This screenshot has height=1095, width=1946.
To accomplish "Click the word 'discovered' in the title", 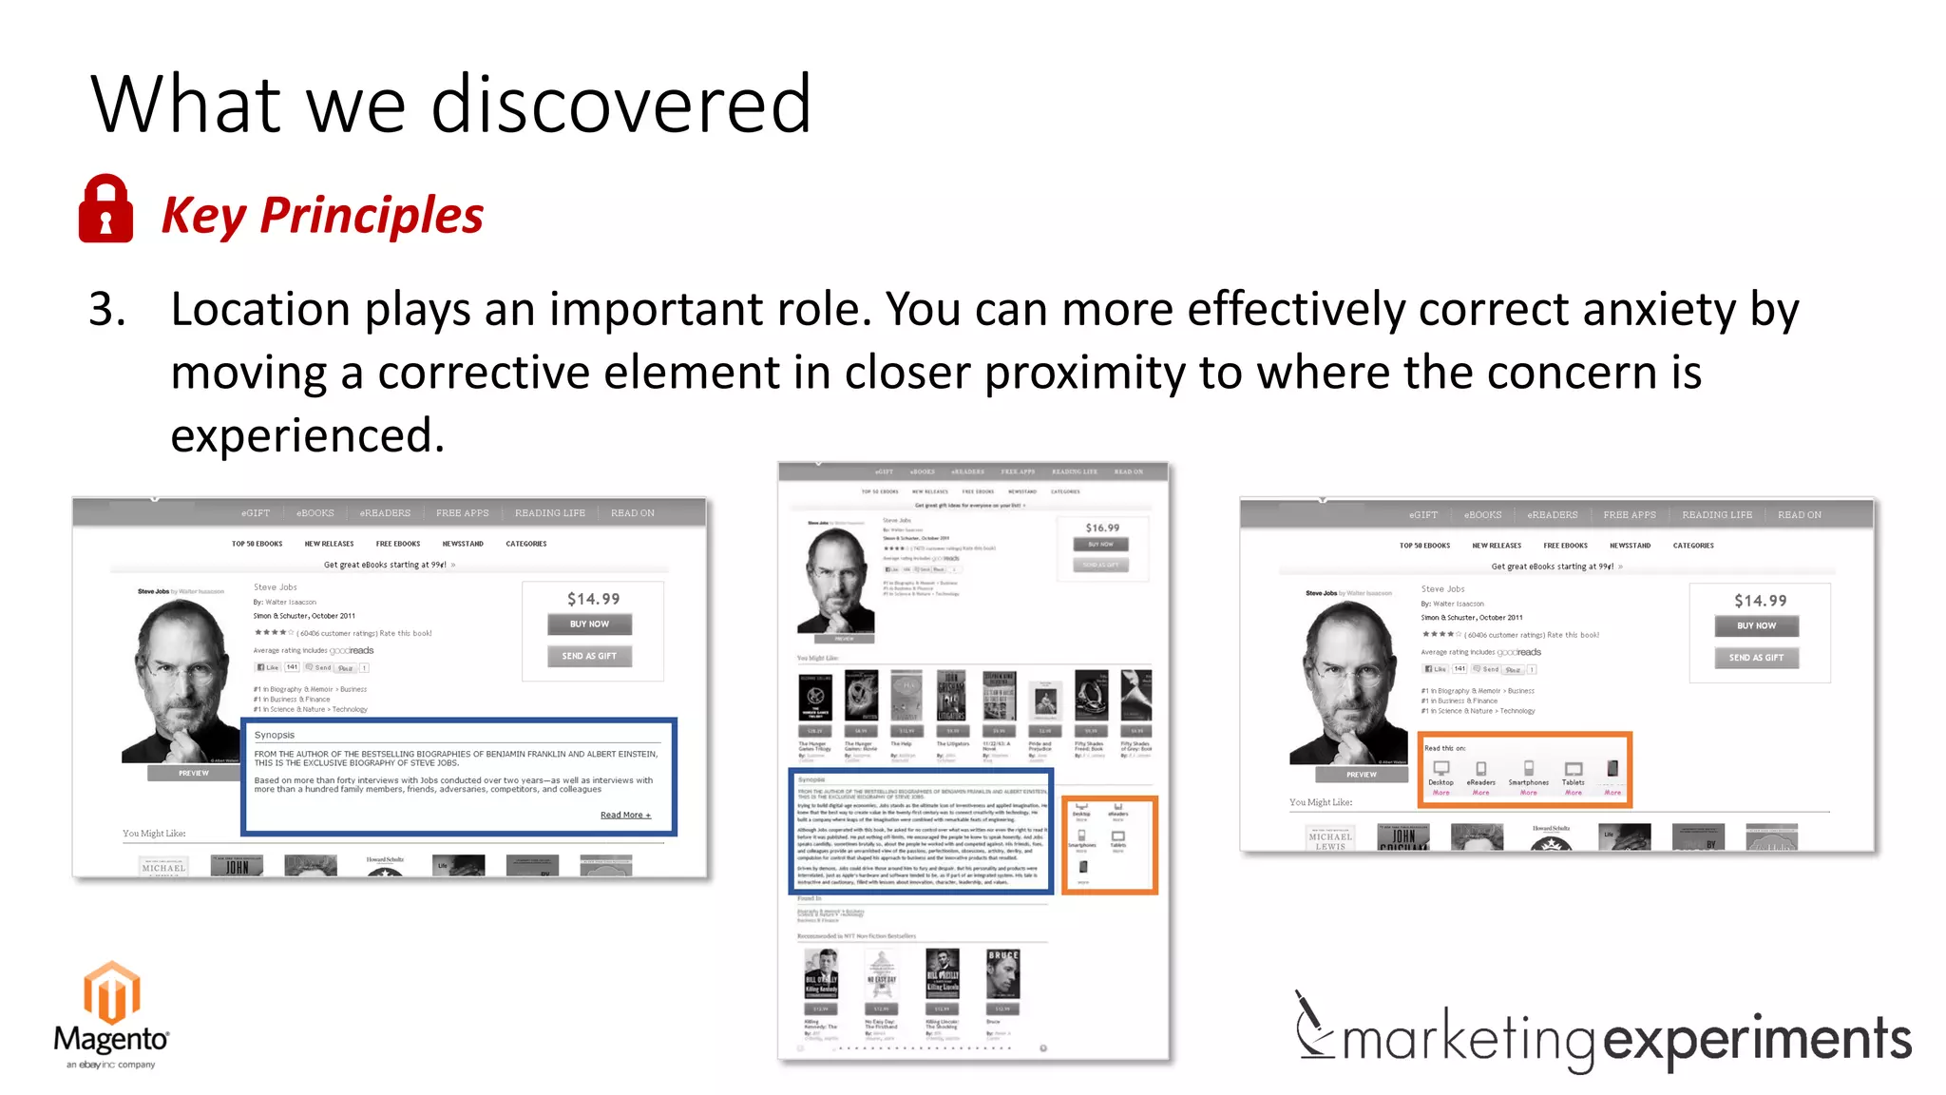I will click(621, 105).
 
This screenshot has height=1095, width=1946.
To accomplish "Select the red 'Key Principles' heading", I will click(322, 215).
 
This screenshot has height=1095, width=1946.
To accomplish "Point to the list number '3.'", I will click(106, 310).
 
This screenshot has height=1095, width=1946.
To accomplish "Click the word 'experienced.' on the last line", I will click(307, 435).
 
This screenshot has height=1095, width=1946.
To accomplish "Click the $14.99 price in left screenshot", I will click(593, 599).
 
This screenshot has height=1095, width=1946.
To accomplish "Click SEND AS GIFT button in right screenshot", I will click(1756, 658).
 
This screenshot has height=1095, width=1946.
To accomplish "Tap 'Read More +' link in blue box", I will click(625, 815).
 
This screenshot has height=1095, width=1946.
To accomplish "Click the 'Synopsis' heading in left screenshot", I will click(275, 735).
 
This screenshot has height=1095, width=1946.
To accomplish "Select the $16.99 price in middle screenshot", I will click(1102, 528).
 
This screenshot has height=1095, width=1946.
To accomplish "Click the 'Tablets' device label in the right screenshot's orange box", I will click(1574, 782).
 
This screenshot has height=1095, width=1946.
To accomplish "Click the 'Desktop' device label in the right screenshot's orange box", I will click(1440, 782).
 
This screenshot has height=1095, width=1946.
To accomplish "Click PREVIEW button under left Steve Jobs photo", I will click(194, 773).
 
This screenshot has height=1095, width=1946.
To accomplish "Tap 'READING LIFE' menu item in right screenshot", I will click(1717, 514).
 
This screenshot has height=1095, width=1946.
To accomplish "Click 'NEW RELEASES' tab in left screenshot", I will click(329, 544).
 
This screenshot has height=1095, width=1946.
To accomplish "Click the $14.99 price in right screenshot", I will click(1760, 601).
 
